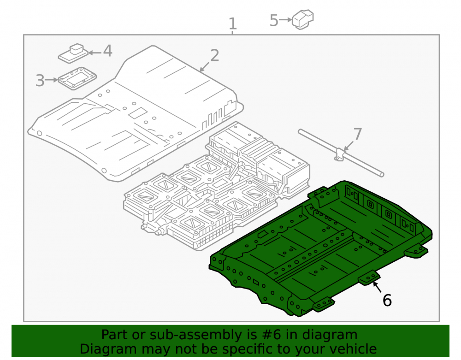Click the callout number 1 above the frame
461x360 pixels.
point(232,24)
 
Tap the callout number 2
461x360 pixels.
point(215,55)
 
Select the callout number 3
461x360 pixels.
point(40,81)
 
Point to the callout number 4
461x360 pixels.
point(107,51)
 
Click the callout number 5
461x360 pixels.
point(274,20)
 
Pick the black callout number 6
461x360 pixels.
point(387,301)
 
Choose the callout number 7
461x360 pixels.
point(358,134)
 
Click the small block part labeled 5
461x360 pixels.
point(303,19)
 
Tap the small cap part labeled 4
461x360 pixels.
point(73,53)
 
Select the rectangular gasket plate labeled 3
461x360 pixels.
point(77,78)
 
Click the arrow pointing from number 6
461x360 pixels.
point(377,287)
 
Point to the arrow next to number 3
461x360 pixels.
point(52,80)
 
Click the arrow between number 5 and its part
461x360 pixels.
point(285,20)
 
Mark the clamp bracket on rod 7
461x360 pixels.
point(340,154)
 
